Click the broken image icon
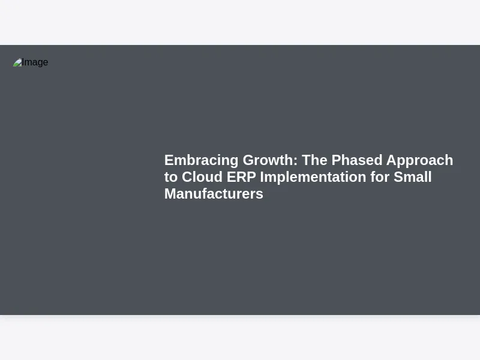click(17, 62)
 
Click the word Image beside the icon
click(35, 62)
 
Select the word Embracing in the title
click(201, 161)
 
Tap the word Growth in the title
click(268, 160)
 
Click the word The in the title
click(314, 160)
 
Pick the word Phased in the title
click(356, 160)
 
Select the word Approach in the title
click(419, 161)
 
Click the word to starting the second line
click(171, 177)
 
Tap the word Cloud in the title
click(202, 177)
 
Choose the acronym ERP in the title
click(241, 177)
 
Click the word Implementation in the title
click(313, 178)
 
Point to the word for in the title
click(380, 177)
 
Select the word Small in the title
click(412, 177)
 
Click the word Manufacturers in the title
click(214, 194)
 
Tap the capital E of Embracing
click(169, 160)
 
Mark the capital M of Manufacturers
click(170, 194)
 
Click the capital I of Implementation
click(262, 177)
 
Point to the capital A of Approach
click(391, 160)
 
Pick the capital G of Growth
click(248, 160)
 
